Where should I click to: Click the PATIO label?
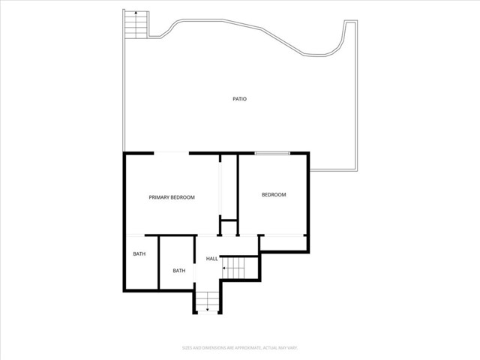[x=239, y=99]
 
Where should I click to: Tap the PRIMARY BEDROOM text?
[x=172, y=197]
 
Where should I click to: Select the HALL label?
[x=212, y=259]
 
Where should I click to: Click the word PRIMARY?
[x=160, y=197]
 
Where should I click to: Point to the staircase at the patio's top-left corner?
[x=136, y=27]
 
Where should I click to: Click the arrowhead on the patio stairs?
[x=136, y=13]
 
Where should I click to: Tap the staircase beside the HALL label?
[x=236, y=265]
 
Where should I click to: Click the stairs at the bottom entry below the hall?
[x=208, y=301]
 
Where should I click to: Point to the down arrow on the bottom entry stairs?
[x=208, y=308]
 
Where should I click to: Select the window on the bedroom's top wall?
[x=272, y=154]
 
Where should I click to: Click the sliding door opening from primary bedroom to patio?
[x=172, y=154]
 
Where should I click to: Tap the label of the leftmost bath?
[x=139, y=254]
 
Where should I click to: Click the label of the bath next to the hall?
[x=179, y=271]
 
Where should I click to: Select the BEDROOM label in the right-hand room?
[x=274, y=195]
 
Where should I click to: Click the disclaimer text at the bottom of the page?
[x=239, y=347]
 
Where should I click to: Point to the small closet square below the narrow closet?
[x=228, y=226]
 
